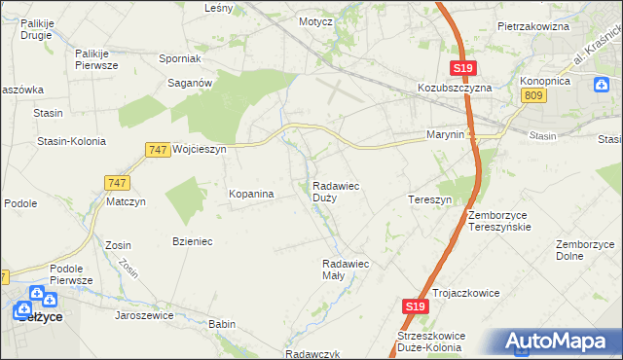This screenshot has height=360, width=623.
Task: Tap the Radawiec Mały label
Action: point(346,269)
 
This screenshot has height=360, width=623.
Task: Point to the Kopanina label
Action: point(251,194)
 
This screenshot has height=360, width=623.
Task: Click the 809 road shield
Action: point(532,94)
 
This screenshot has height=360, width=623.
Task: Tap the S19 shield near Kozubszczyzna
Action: point(463,67)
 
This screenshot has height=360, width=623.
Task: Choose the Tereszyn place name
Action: point(429,198)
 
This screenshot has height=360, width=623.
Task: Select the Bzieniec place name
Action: point(192,240)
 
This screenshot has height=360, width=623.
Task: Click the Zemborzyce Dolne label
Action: point(583,250)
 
